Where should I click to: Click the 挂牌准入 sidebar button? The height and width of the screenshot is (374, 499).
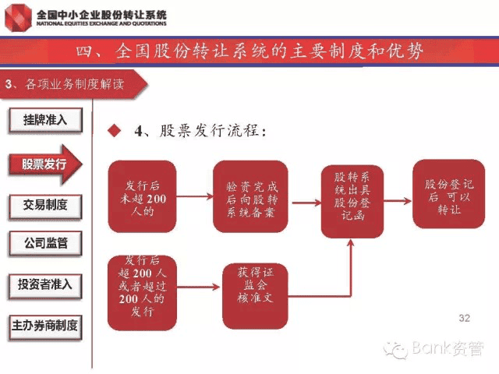(x=45, y=120)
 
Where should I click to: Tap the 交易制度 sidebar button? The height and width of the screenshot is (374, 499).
(x=45, y=205)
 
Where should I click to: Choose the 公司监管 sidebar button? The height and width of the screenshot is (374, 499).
(x=45, y=243)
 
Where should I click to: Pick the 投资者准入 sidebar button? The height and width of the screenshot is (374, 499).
(x=45, y=284)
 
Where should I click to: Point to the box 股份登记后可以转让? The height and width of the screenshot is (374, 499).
(x=443, y=196)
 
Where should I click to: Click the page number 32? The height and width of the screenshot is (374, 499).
(x=465, y=318)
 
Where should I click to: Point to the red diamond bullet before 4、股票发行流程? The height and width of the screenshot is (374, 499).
(x=115, y=131)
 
